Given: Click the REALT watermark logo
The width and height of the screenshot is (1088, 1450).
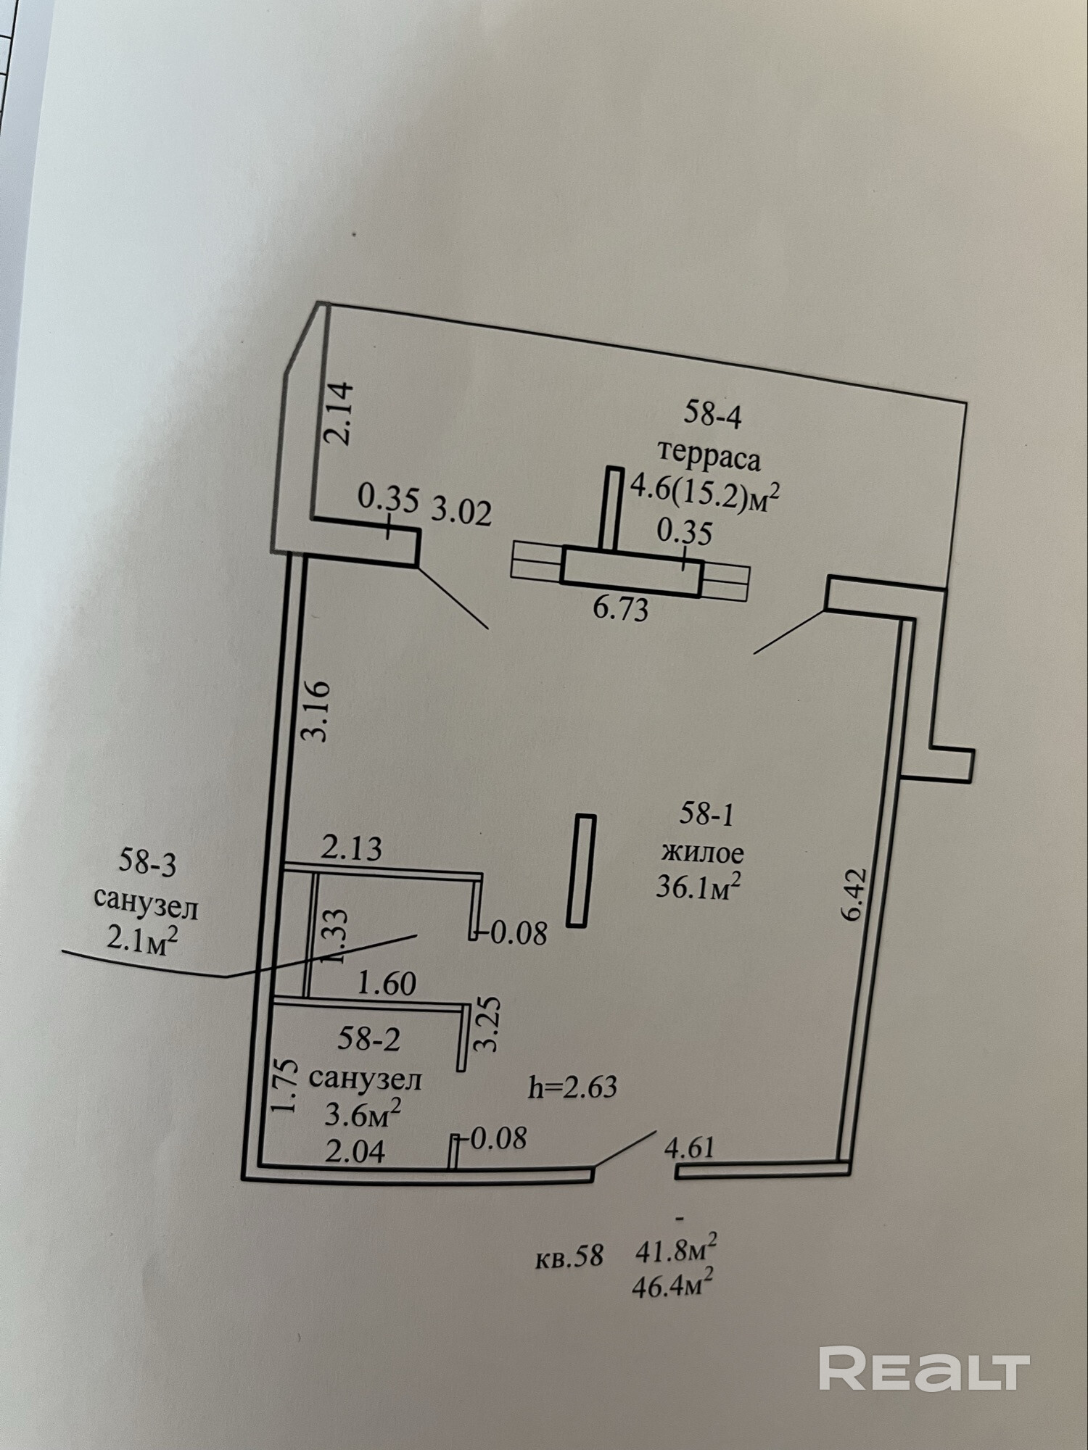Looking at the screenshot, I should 924,1368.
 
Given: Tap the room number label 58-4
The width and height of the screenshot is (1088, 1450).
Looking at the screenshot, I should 713,415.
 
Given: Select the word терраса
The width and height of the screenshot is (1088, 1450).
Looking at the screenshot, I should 709,457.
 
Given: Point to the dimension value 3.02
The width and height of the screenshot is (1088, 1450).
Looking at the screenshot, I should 461,511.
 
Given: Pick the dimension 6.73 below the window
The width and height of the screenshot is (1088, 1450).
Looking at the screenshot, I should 620,608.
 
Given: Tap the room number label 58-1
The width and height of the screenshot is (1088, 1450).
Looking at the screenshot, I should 706,815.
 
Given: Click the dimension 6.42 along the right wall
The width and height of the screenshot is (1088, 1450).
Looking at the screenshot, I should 854,894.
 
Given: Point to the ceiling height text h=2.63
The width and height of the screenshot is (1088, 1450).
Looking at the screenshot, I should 572,1087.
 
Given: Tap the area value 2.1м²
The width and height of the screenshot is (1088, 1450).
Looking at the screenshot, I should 142,939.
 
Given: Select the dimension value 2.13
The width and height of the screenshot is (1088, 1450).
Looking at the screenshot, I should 351,848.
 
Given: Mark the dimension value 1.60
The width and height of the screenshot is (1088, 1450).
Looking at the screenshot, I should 387,983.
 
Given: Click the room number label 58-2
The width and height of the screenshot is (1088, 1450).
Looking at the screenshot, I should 368,1040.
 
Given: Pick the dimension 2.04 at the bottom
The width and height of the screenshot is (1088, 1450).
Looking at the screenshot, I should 355,1151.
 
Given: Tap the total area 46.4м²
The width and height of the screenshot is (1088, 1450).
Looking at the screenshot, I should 672,1286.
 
